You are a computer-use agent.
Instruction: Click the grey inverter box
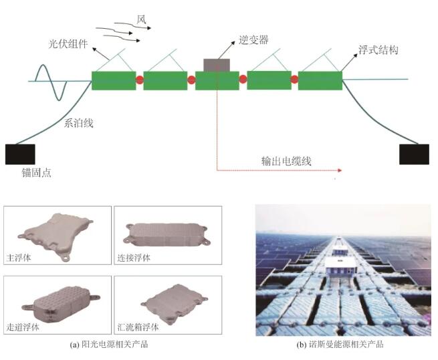tap(217, 65)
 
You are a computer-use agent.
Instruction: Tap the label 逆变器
tap(253, 40)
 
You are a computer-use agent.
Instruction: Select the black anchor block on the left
tap(20, 155)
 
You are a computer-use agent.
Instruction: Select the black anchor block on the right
tap(414, 155)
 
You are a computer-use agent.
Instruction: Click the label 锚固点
tap(37, 173)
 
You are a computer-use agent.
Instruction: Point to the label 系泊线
tap(78, 123)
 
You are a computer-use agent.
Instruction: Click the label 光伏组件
tap(68, 44)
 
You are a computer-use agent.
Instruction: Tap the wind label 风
tap(141, 19)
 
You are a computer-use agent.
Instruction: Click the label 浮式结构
tap(378, 50)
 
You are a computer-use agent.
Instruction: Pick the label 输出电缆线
tap(286, 161)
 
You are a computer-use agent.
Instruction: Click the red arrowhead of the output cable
tap(340, 170)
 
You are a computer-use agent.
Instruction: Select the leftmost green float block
tap(114, 80)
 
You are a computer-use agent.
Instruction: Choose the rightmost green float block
tap(320, 80)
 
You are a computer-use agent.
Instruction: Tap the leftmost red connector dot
tap(140, 80)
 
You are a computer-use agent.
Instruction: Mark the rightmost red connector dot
tap(294, 80)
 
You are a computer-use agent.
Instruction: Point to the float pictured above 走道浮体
tap(60, 304)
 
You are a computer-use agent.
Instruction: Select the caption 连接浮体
tap(134, 258)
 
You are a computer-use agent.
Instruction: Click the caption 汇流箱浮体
tap(138, 327)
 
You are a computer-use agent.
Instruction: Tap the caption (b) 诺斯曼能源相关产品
tap(340, 345)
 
